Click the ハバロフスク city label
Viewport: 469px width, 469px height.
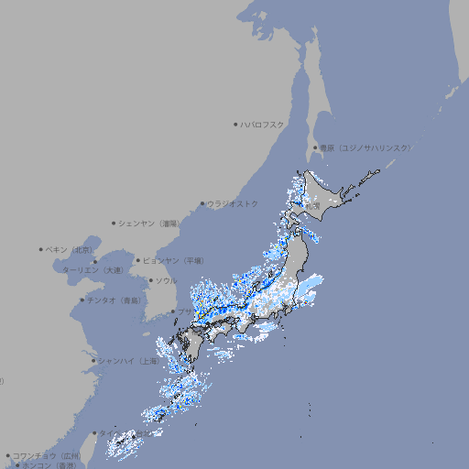tap(263, 124)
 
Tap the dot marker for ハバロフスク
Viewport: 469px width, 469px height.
tap(235, 124)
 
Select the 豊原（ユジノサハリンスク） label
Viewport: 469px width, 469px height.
tap(365, 147)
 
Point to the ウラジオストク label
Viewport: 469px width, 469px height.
tap(233, 203)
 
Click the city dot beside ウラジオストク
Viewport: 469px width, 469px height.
tap(202, 203)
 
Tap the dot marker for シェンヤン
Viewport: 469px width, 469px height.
tap(114, 223)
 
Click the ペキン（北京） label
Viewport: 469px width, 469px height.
tap(71, 249)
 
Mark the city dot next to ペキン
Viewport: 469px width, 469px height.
tap(41, 249)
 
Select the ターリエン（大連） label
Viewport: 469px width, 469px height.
tap(93, 270)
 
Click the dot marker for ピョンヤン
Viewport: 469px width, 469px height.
tap(138, 260)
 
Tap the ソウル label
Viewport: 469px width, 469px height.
tap(166, 280)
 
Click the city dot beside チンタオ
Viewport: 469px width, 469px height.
tap(82, 300)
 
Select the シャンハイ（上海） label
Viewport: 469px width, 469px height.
tap(128, 361)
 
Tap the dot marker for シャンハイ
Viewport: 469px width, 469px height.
tap(93, 361)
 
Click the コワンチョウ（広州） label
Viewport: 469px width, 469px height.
tap(47, 455)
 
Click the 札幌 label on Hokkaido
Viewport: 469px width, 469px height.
tap(313, 206)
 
